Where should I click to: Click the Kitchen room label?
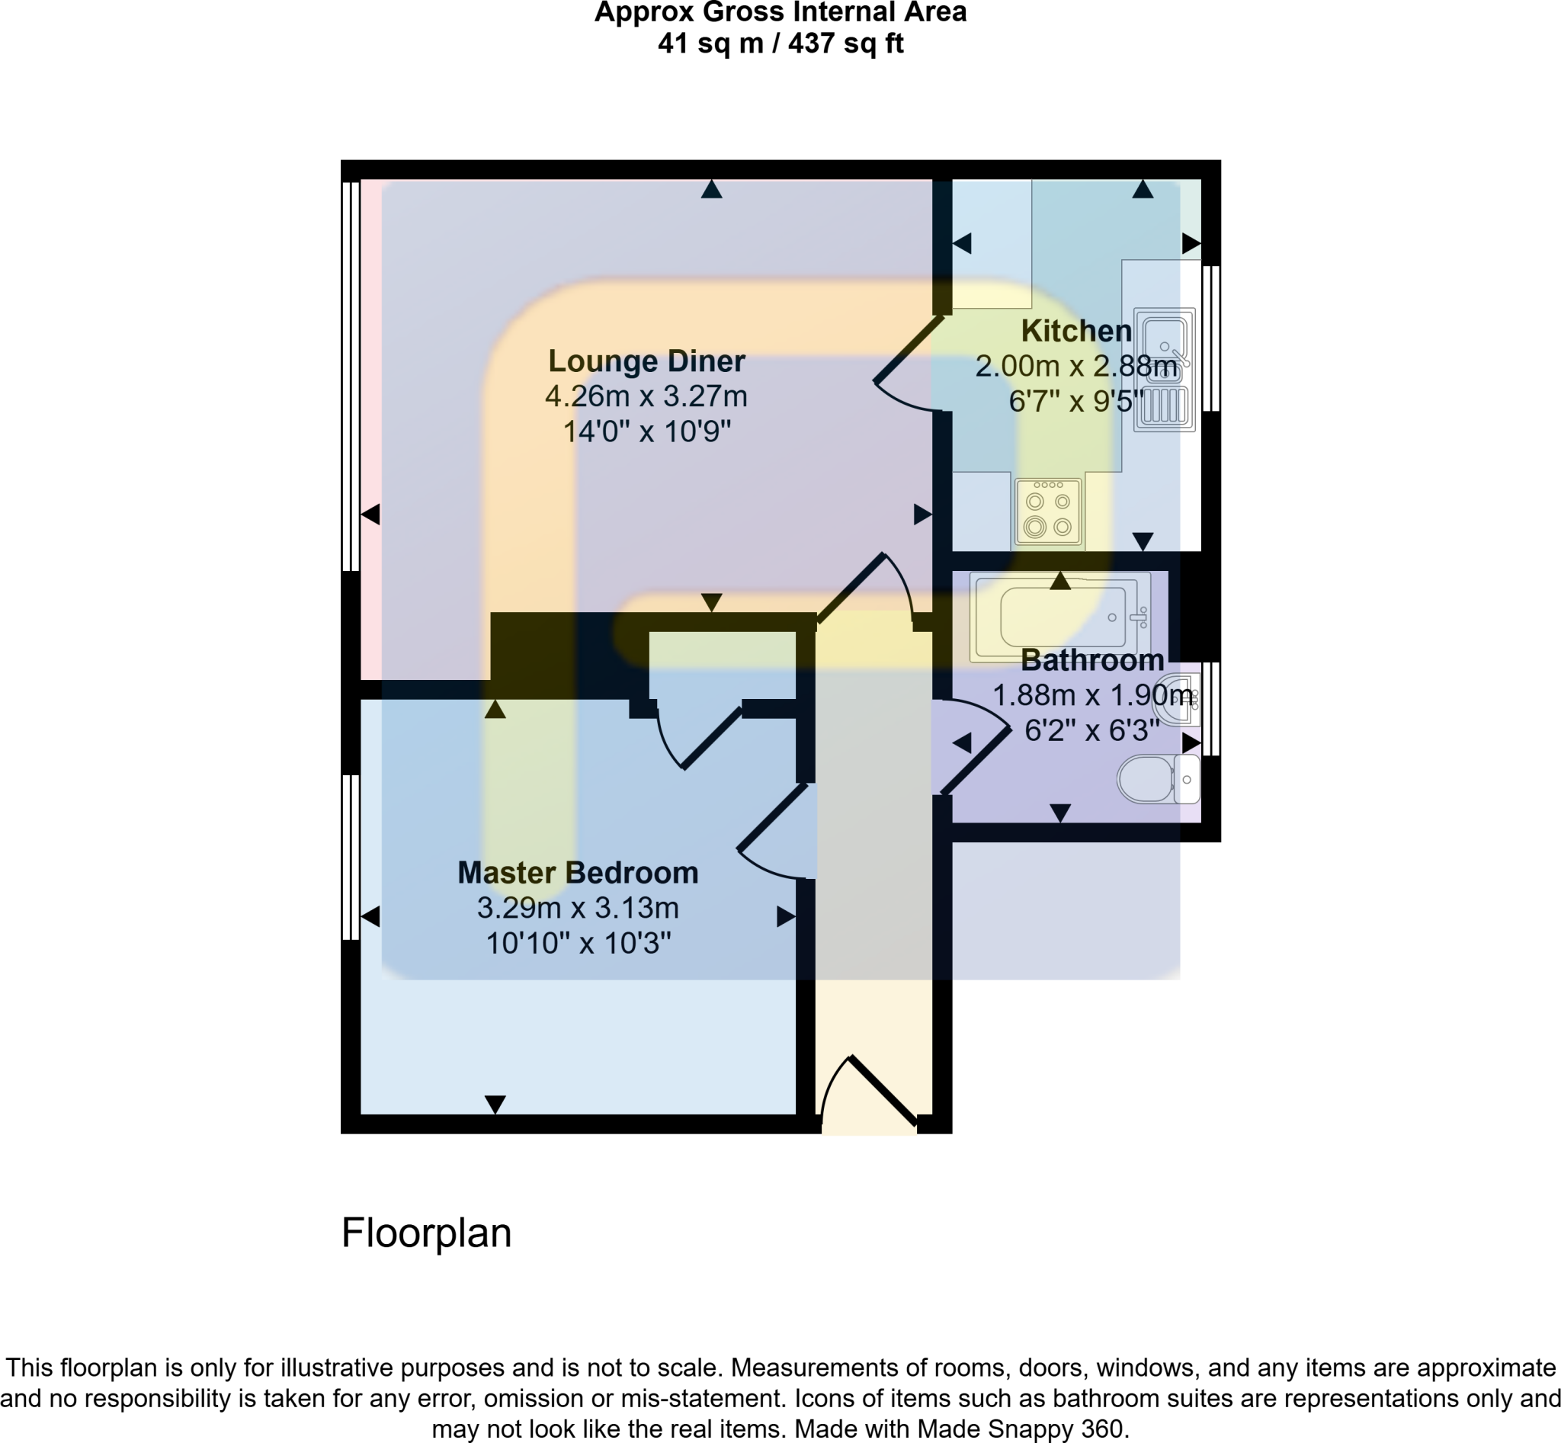coord(1076,331)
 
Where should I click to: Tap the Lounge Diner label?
coord(646,361)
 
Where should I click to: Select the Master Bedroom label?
coord(578,872)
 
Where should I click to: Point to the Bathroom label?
coord(1091,661)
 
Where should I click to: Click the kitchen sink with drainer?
coord(1165,370)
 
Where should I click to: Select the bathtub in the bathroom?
coord(1060,617)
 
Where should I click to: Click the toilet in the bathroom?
coord(1157,779)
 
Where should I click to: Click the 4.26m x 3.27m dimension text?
coord(646,396)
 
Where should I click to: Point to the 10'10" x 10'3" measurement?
coord(578,943)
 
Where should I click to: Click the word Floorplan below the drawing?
coord(426,1233)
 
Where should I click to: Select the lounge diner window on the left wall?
coord(351,377)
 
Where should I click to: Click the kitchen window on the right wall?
coord(1210,338)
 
